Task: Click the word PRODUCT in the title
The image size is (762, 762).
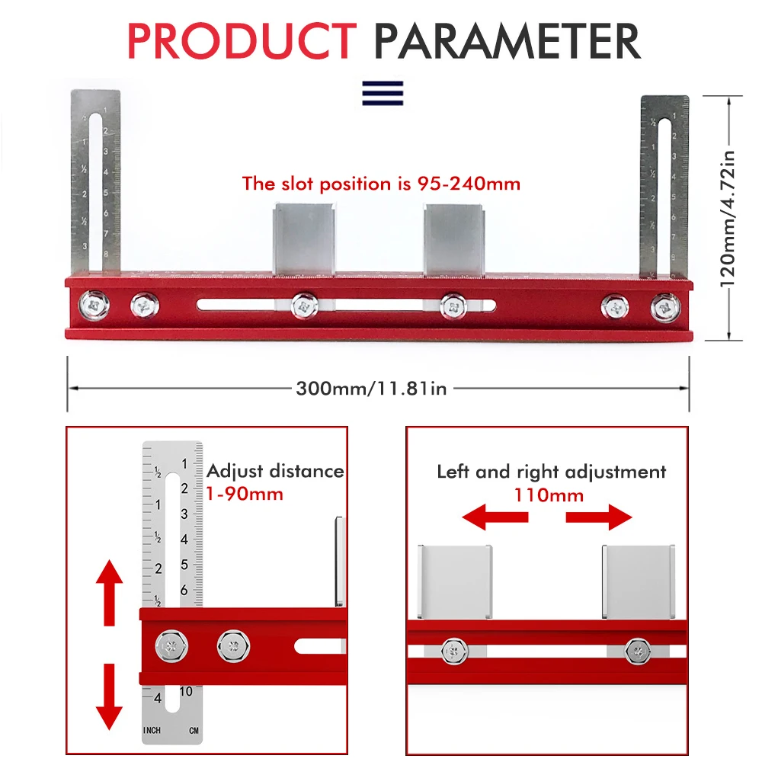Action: (242, 41)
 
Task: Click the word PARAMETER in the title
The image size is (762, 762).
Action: (507, 41)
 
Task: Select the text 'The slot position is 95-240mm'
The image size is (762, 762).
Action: (381, 184)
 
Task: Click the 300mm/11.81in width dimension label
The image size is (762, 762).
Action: (371, 389)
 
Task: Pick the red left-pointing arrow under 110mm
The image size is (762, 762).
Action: (495, 517)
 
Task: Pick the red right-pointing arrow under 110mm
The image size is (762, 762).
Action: (599, 517)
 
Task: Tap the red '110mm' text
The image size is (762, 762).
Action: (548, 495)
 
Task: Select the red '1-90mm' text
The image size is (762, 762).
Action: (245, 494)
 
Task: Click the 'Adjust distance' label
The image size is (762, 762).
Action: (275, 471)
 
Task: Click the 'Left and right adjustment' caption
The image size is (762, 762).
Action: (551, 472)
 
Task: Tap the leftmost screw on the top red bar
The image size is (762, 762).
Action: (97, 304)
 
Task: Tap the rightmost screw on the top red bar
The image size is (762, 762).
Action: (664, 307)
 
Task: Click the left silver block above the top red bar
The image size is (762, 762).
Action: (303, 236)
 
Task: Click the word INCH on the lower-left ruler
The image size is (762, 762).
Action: (152, 731)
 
